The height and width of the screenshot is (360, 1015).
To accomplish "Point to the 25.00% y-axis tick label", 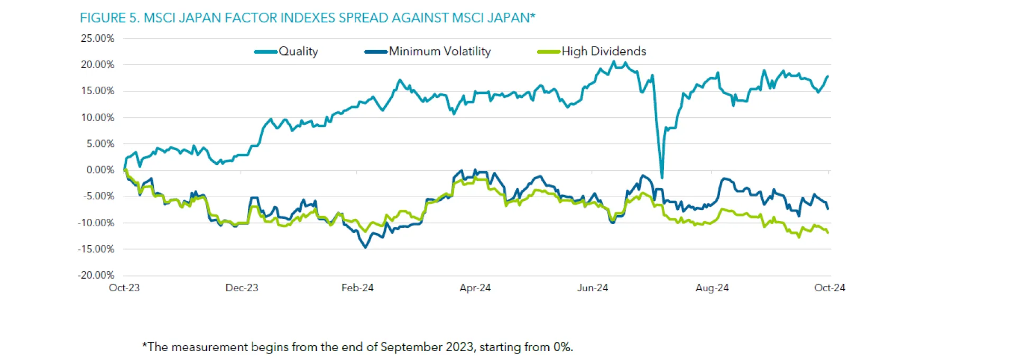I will [x=97, y=39].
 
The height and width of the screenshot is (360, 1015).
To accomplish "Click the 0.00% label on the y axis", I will [x=100, y=170].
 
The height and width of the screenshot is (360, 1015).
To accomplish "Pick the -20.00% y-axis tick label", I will [x=96, y=275].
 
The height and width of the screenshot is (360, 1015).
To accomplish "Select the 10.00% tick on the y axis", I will [x=97, y=117].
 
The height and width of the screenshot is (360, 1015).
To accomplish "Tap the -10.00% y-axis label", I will [x=96, y=223].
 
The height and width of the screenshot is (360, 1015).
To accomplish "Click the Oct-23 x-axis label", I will [x=124, y=288].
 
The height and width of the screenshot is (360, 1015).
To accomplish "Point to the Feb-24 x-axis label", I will [x=357, y=288].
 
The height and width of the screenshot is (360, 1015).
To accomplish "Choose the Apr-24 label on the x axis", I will [x=475, y=288].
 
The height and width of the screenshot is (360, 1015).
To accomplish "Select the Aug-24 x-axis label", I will [x=712, y=288].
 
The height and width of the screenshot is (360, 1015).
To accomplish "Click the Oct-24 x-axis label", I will [x=829, y=288].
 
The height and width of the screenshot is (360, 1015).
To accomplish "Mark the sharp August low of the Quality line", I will [x=662, y=177].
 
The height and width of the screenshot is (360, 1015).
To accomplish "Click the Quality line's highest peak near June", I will [x=614, y=61].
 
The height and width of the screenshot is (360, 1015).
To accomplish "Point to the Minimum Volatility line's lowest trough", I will [x=365, y=247].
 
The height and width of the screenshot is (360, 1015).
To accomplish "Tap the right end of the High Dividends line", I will [x=827, y=233].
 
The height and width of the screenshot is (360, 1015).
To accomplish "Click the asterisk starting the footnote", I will [x=144, y=346].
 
